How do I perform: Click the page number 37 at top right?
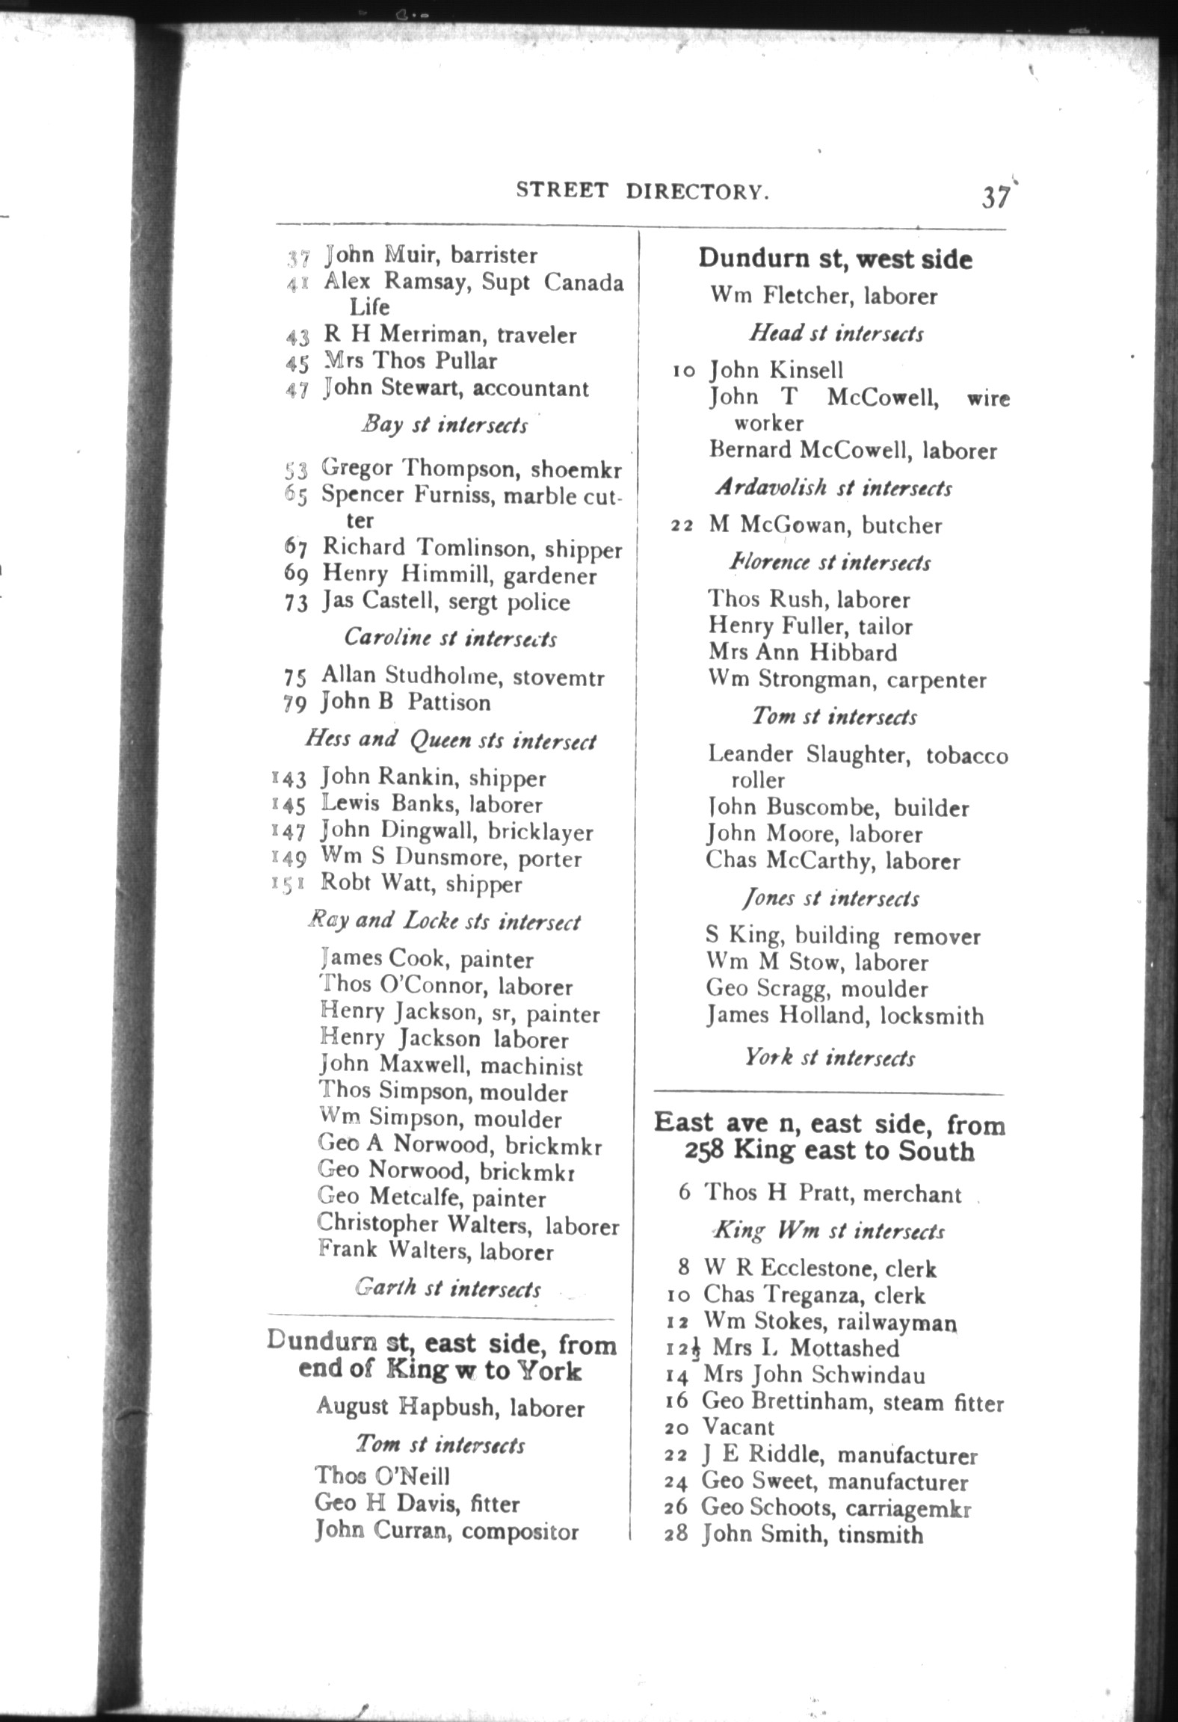[996, 198]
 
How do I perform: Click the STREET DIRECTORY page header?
[642, 191]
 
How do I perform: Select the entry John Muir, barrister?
[431, 256]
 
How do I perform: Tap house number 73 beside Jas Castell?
[296, 603]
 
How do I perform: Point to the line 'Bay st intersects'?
[445, 425]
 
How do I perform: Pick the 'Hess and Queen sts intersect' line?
[451, 740]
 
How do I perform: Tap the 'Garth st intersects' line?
[448, 1289]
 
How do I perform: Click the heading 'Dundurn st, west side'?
[835, 259]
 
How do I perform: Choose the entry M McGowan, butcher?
[825, 525]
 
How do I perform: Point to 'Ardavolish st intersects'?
[833, 488]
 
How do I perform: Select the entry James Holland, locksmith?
[845, 1016]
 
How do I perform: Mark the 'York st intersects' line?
[830, 1058]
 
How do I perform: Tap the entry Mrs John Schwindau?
[814, 1374]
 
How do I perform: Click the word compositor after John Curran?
[520, 1531]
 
